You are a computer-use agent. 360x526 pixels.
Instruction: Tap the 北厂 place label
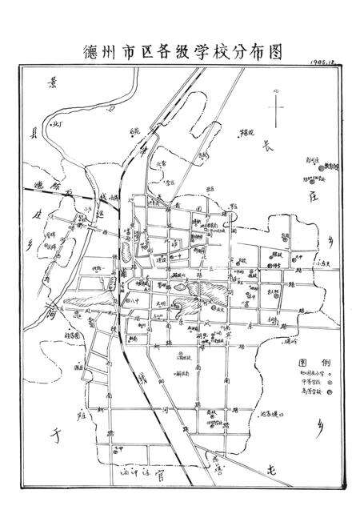coord(57,124)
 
